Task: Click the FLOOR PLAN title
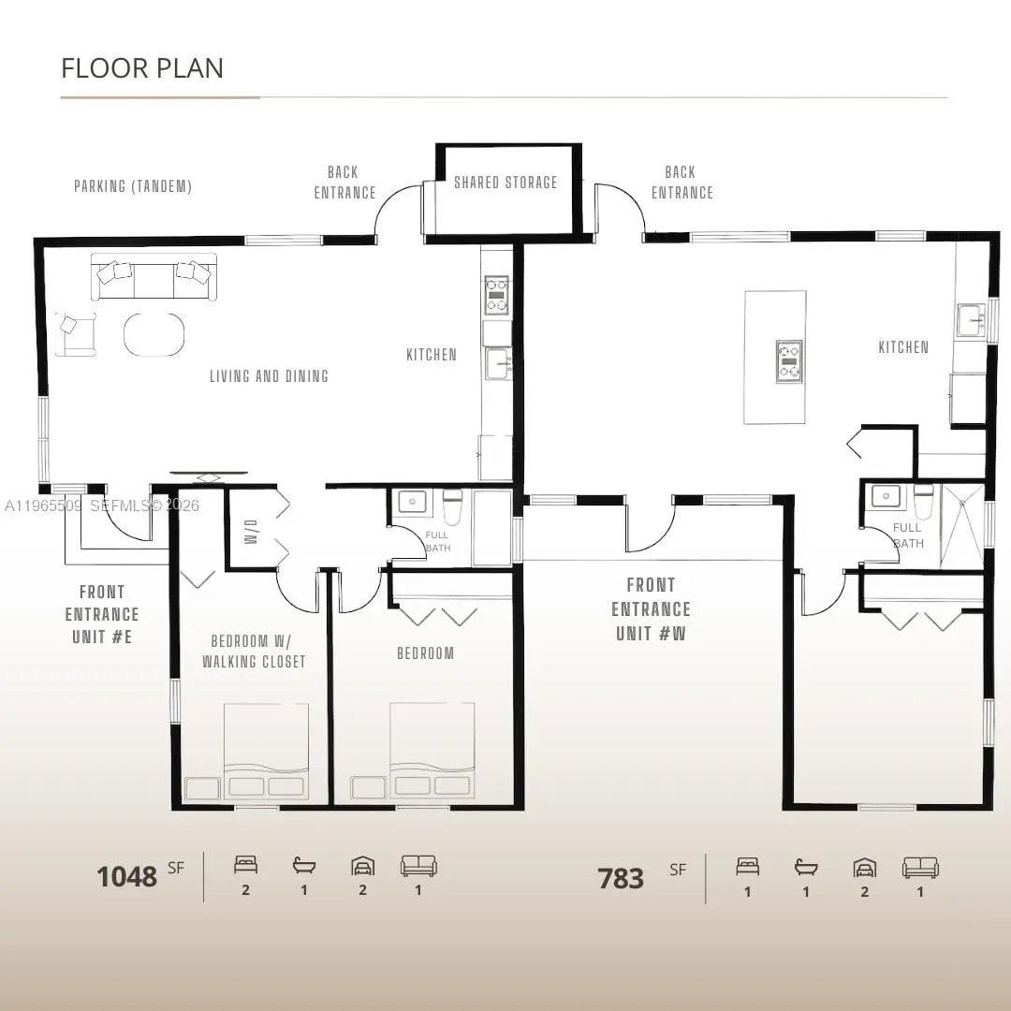(142, 68)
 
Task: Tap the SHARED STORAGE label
(505, 183)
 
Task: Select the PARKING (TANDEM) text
(133, 186)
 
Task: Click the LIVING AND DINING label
(269, 376)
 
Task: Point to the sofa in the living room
(154, 277)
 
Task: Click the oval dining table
(154, 334)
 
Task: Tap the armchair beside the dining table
(75, 334)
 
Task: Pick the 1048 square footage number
(126, 877)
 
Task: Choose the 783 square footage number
(621, 878)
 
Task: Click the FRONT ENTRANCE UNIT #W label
(652, 609)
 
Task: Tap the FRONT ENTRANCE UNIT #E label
(102, 615)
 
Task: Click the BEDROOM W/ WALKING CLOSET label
(253, 652)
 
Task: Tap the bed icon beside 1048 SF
(245, 866)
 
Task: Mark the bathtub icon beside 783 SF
(805, 867)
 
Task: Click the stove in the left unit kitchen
(496, 295)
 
